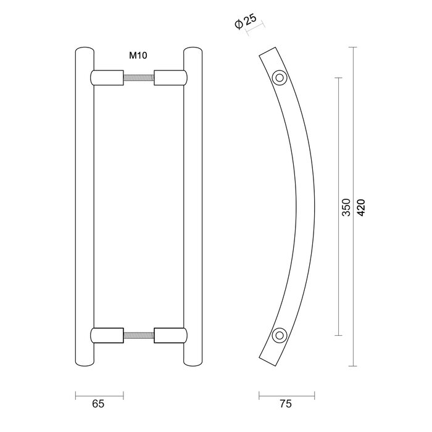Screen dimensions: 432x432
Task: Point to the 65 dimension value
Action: (x=98, y=404)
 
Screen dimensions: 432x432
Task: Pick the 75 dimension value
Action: (x=285, y=404)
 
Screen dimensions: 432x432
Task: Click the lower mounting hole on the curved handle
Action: (x=280, y=335)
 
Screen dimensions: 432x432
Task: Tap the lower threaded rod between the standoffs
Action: (x=139, y=335)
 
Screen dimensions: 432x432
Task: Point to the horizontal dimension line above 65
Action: (x=99, y=393)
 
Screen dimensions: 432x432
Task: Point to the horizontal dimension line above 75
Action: (x=286, y=393)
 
